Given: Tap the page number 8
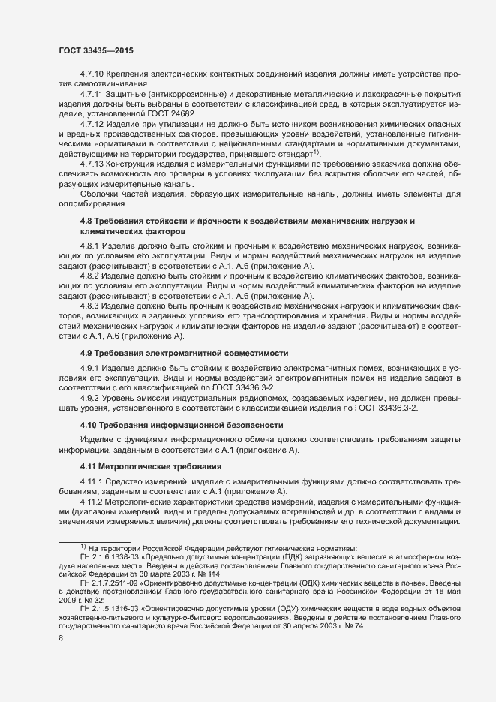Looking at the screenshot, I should point(61,658).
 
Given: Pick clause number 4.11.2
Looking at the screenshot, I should point(93,523).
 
